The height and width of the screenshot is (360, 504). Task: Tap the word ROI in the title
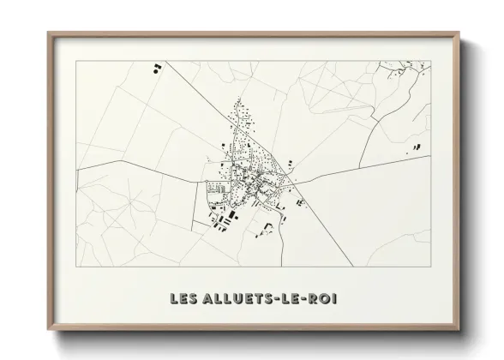[x=317, y=299]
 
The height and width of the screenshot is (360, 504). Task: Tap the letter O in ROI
[x=318, y=299]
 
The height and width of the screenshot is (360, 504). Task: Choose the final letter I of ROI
[x=328, y=299]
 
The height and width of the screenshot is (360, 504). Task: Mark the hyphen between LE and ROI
[x=298, y=299]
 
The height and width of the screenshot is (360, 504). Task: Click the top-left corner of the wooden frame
[x=48, y=33]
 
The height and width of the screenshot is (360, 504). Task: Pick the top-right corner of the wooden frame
[x=459, y=33]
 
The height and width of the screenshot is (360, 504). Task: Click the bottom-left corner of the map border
[x=77, y=267]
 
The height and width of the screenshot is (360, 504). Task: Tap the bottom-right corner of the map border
[x=430, y=267]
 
